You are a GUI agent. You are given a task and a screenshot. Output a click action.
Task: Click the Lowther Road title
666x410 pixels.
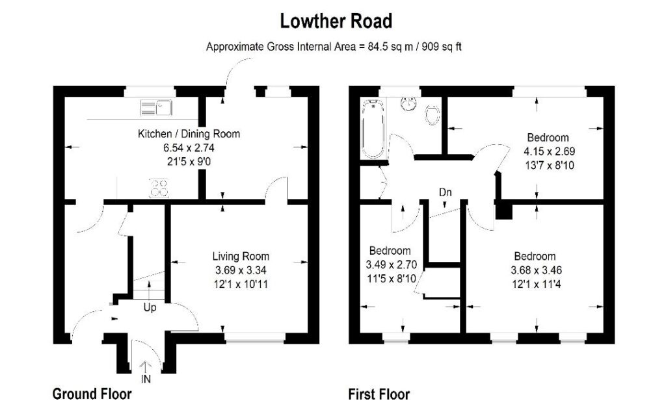click(336, 21)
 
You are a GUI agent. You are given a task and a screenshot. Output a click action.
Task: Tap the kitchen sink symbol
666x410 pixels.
click(156, 108)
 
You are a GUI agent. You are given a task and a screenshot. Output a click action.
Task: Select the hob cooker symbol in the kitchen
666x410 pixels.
click(159, 188)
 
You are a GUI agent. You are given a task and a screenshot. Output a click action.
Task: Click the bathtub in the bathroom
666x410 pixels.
click(373, 129)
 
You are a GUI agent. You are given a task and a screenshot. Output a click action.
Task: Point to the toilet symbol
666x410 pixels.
click(432, 115)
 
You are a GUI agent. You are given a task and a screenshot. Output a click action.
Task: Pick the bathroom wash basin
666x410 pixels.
click(409, 103)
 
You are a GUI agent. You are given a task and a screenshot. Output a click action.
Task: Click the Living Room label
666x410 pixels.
click(241, 257)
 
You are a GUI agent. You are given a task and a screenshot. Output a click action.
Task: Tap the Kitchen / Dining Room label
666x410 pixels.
click(189, 134)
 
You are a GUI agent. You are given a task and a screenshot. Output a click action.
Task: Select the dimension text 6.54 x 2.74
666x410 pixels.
click(189, 148)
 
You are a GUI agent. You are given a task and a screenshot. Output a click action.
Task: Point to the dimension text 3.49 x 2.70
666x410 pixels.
click(391, 265)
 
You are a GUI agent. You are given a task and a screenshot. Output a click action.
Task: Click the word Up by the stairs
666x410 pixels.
click(150, 308)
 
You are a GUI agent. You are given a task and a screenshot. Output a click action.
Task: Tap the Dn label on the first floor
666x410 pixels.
click(445, 193)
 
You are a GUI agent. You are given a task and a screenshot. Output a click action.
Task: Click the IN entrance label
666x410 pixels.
click(146, 379)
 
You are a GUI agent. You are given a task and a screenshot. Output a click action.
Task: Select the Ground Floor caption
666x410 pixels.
click(92, 394)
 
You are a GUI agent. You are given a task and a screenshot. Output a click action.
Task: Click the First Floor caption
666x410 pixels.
click(379, 394)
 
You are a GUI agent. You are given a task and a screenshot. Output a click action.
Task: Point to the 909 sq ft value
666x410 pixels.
click(442, 47)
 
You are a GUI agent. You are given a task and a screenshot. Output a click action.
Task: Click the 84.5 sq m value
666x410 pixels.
click(390, 47)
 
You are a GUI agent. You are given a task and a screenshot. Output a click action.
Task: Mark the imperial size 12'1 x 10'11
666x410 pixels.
click(241, 285)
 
